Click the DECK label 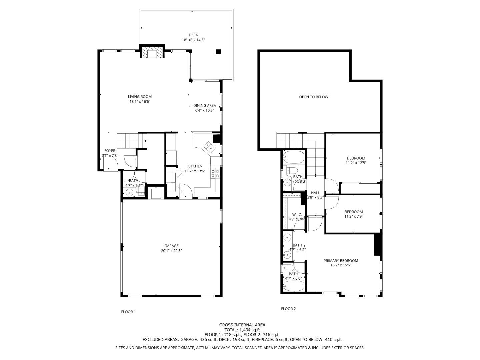pos(193,35)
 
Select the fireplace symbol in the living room pos(152,53)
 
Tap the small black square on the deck pos(218,51)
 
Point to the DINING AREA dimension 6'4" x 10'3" pos(204,110)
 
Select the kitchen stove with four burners pos(215,173)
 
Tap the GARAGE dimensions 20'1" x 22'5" pos(171,251)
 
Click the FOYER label pos(110,151)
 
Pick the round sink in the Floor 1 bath pos(129,192)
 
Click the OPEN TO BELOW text pos(313,97)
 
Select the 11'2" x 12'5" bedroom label pos(356,161)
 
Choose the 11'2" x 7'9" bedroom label pos(353,214)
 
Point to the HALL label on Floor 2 pos(315,193)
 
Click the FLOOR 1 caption pos(128,312)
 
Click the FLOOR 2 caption pos(288,309)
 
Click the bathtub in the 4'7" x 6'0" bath pos(294,286)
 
